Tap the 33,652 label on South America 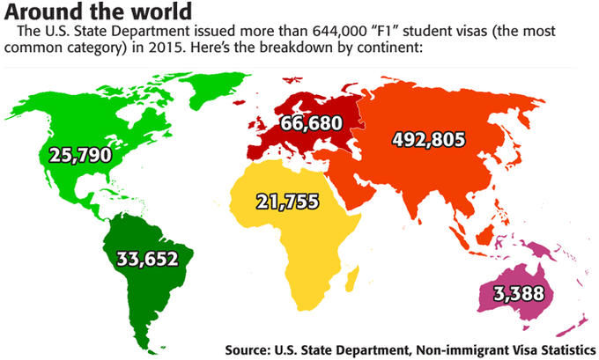pos(147,258)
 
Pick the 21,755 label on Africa pos(287,200)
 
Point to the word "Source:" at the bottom pos(252,349)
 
